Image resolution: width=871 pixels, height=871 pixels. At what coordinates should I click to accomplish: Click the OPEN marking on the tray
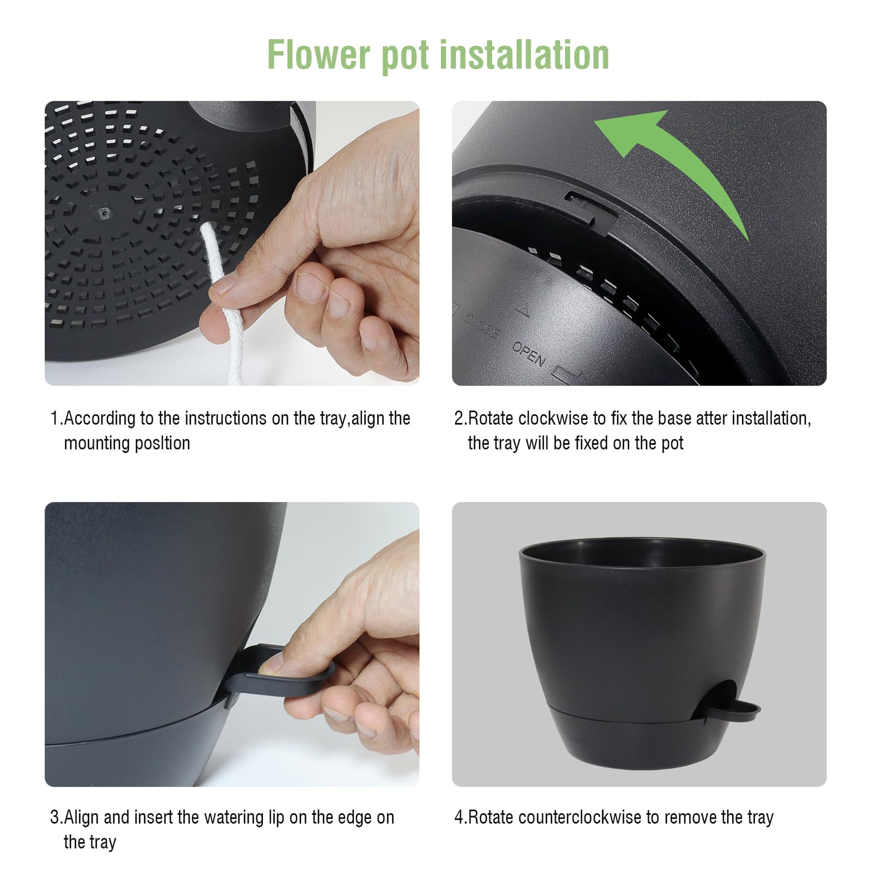(x=529, y=354)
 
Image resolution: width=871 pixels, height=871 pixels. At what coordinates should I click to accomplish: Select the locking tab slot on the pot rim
(x=591, y=210)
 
